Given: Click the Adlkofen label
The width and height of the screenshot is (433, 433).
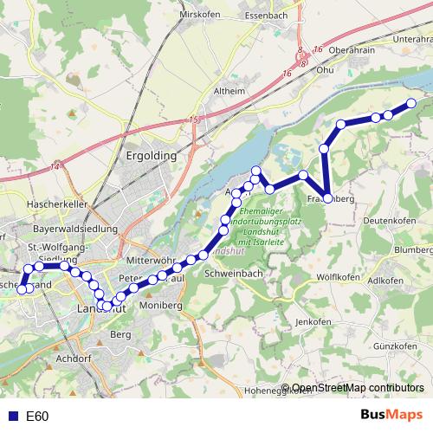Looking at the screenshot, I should coord(385,281).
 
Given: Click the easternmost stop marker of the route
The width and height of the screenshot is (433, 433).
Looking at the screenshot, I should coord(411,104).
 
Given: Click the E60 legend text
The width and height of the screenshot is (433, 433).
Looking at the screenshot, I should coord(37,417).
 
